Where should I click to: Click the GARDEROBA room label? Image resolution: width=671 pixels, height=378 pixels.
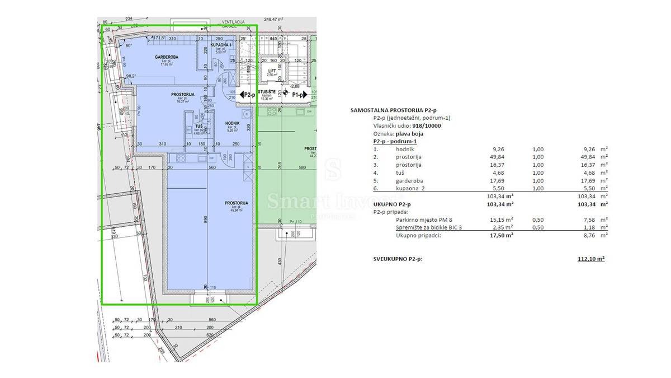click(166, 57)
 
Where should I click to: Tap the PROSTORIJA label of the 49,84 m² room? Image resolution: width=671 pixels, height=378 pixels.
click(236, 203)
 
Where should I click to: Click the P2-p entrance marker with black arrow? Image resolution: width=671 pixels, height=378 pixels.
click(245, 96)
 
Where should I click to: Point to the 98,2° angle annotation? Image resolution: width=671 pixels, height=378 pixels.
click(131, 76)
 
